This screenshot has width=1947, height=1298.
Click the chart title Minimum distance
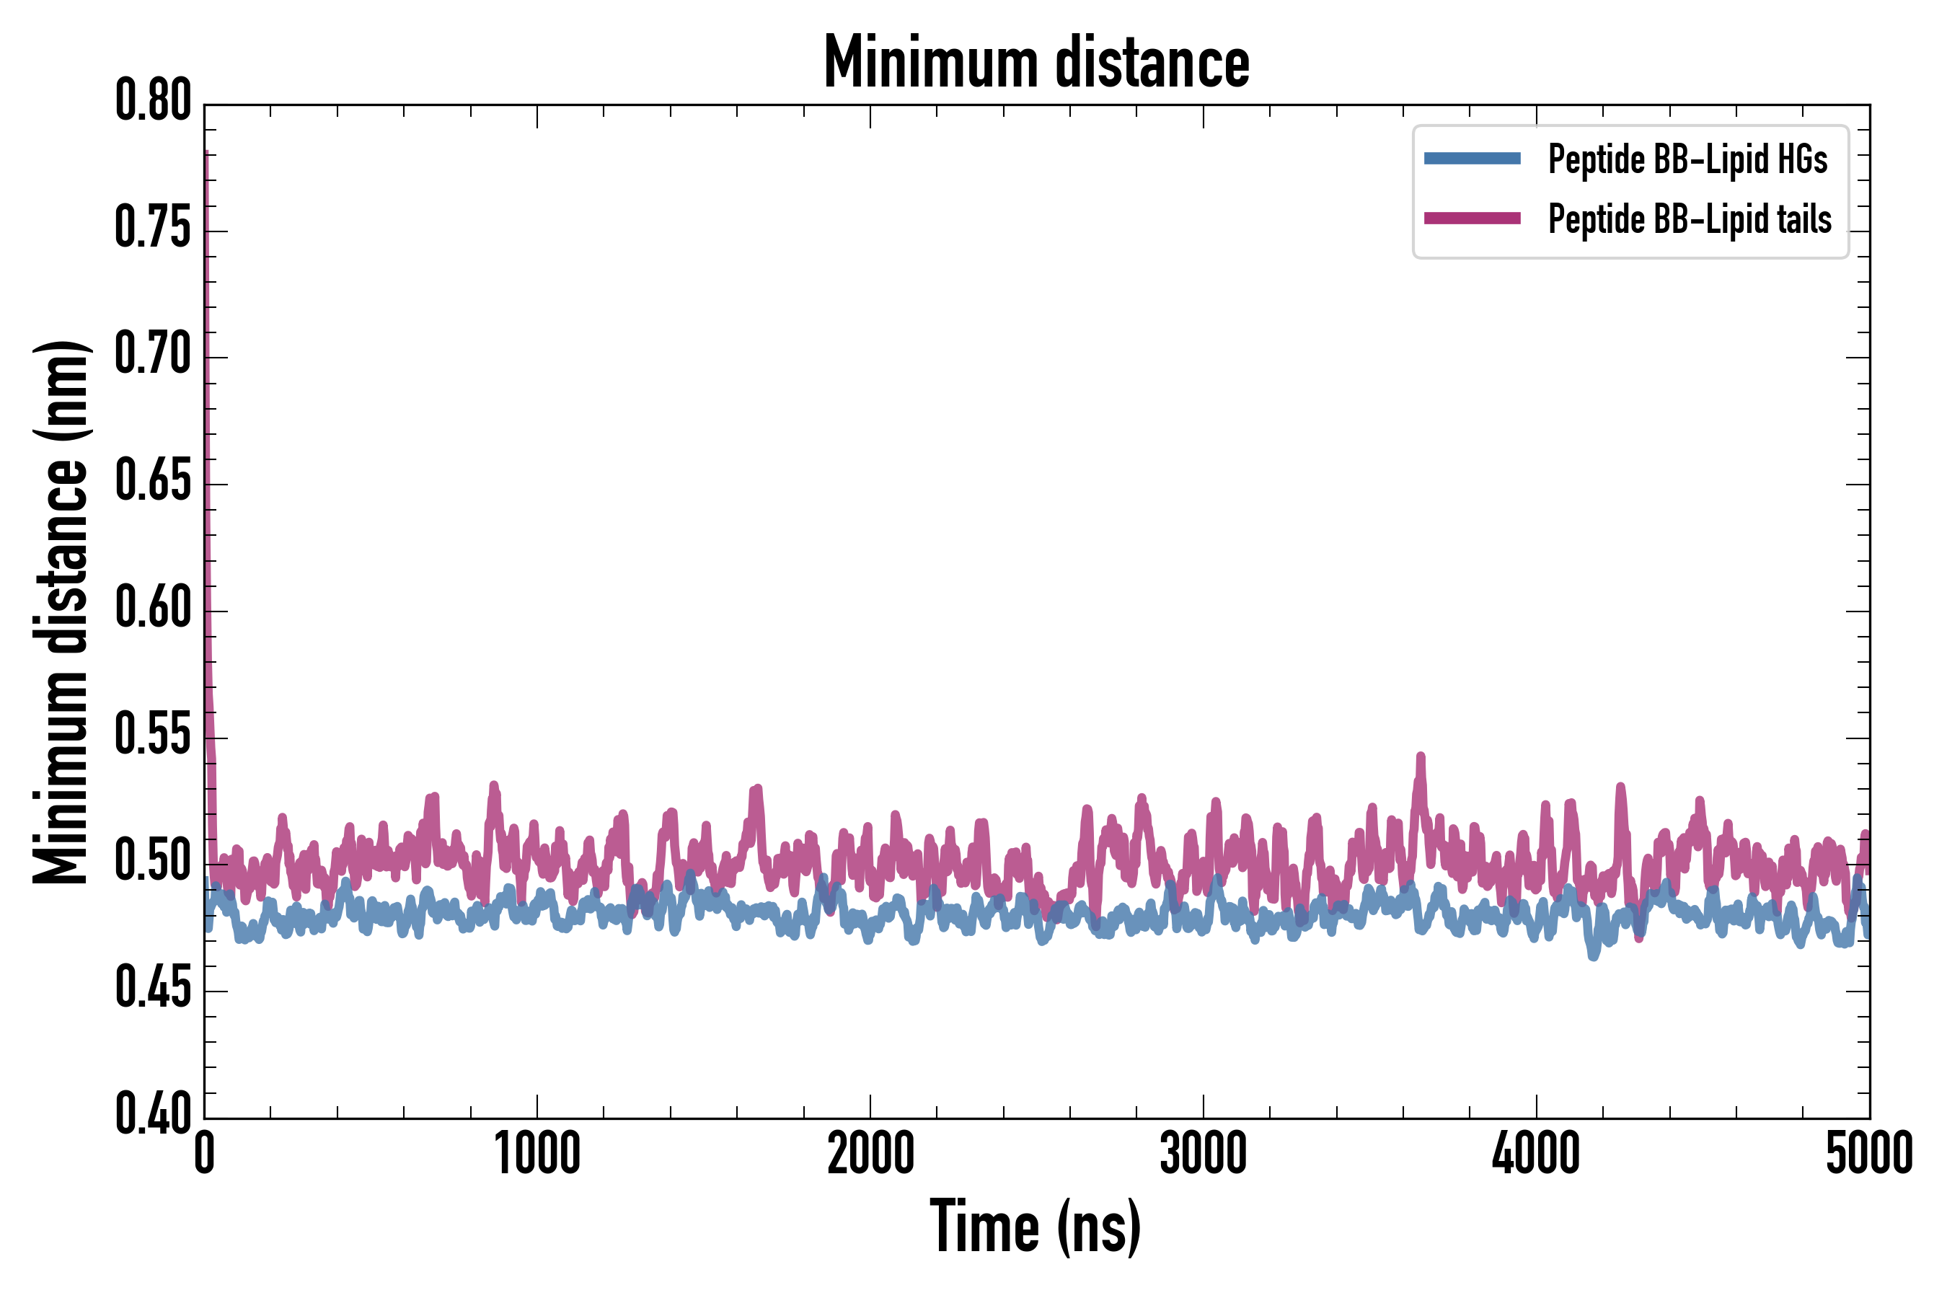pos(1036,63)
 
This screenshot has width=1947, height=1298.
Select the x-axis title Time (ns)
pos(1036,1227)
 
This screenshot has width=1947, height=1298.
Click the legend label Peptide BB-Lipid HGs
pos(1687,159)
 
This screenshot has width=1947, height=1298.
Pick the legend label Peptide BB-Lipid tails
pos(1690,219)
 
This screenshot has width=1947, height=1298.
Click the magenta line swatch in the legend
pos(1472,218)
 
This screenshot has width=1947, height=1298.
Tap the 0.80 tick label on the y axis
pos(153,101)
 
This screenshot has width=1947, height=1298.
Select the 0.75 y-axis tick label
pos(153,228)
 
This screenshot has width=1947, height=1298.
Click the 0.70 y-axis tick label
pos(153,354)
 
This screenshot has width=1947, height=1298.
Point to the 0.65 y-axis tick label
pos(153,481)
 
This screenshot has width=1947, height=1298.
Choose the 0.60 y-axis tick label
pos(153,608)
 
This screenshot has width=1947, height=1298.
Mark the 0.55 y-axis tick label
pos(153,734)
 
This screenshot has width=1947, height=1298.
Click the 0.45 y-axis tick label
pos(153,988)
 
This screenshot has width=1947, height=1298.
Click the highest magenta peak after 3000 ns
pos(1421,756)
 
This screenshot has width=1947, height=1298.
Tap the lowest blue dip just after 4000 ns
pos(1594,956)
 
